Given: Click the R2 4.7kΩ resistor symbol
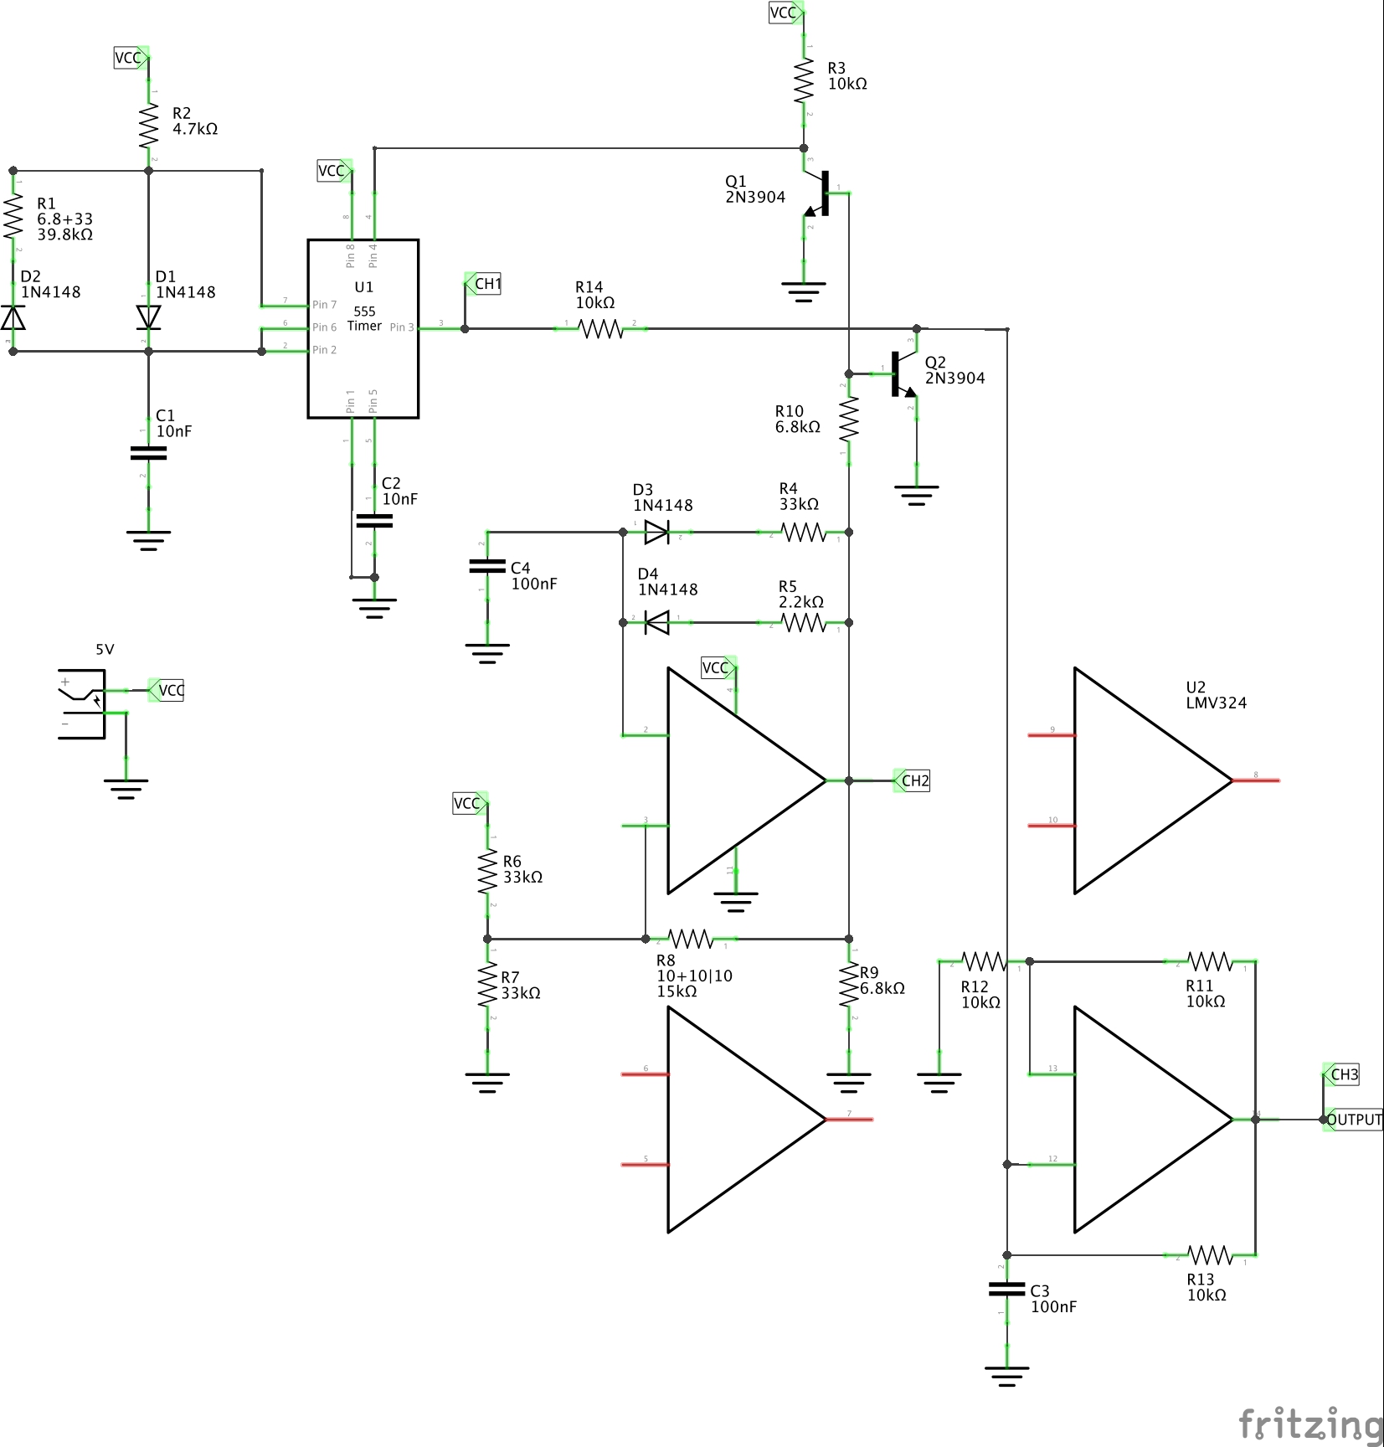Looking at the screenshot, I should pyautogui.click(x=148, y=125).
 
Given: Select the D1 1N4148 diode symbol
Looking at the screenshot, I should pyautogui.click(x=148, y=317).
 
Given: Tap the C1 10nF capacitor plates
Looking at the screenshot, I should pyautogui.click(x=148, y=453).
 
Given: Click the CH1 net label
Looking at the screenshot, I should pyautogui.click(x=486, y=284).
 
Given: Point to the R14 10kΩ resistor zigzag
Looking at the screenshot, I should pyautogui.click(x=602, y=329).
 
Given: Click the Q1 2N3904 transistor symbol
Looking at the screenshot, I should pyautogui.click(x=819, y=193).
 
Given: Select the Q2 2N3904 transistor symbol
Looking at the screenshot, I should pyautogui.click(x=903, y=374).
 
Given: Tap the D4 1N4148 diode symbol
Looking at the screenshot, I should pyautogui.click(x=657, y=622).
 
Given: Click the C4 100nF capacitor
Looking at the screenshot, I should pyautogui.click(x=487, y=567).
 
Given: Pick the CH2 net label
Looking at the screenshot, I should pyautogui.click(x=913, y=780).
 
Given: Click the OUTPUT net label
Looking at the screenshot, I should pyautogui.click(x=1353, y=1120).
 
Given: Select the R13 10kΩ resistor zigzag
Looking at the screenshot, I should pyautogui.click(x=1211, y=1255).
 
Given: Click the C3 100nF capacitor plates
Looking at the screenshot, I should pyautogui.click(x=1006, y=1289).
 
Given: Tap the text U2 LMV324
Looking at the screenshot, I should pyautogui.click(x=1215, y=695).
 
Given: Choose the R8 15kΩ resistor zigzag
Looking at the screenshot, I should pyautogui.click(x=691, y=939).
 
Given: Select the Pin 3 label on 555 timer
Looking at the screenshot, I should pyautogui.click(x=402, y=327).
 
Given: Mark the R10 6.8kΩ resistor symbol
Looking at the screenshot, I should pyautogui.click(x=848, y=419).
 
